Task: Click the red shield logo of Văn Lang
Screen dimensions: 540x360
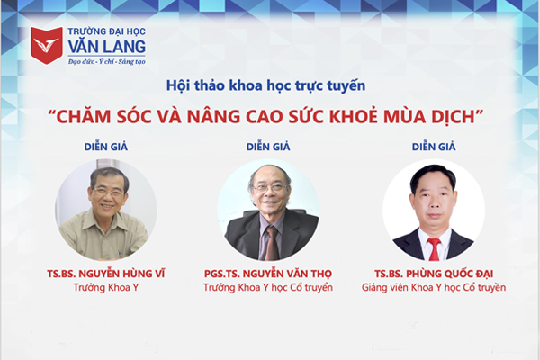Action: [x=47, y=46]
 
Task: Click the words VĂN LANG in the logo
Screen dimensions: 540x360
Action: [x=107, y=47]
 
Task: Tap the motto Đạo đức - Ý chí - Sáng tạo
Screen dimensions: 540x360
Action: [x=107, y=62]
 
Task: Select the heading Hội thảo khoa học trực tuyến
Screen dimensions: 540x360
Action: [x=265, y=85]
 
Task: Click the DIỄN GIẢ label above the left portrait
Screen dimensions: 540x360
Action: [x=106, y=147]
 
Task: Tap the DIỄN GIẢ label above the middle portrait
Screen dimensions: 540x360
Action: [x=268, y=147]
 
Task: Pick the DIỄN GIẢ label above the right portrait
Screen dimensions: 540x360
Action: [x=434, y=147]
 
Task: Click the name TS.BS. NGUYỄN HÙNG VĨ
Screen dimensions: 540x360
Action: [x=106, y=274]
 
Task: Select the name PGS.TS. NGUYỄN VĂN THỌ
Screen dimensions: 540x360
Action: [x=268, y=274]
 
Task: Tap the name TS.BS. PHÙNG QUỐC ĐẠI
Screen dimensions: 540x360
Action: [x=434, y=274]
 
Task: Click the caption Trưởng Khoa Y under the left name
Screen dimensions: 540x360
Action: [x=106, y=287]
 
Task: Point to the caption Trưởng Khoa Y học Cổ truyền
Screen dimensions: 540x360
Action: [x=268, y=287]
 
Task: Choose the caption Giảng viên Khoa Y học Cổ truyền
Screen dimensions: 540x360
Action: [x=434, y=287]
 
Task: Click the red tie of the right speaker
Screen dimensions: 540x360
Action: [x=435, y=249]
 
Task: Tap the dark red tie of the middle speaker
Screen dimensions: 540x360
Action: [x=272, y=243]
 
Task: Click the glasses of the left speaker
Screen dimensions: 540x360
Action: [x=108, y=193]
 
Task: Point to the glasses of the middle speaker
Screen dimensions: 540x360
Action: [x=271, y=188]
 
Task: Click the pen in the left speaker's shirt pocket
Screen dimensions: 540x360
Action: [x=119, y=253]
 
